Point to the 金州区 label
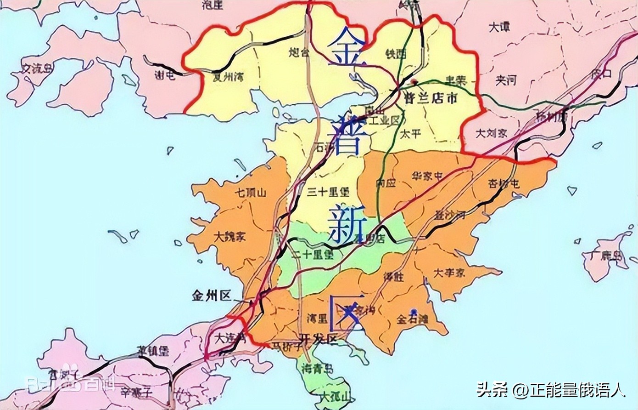[212, 296]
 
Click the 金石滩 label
[412, 319]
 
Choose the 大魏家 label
[230, 236]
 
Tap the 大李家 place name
[449, 272]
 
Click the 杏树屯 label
[504, 183]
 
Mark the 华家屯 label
[427, 176]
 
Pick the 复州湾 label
[228, 76]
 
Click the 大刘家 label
[491, 133]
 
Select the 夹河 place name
[505, 80]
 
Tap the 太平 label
[410, 134]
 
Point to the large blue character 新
[347, 224]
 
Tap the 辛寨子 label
[136, 392]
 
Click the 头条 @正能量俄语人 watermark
[551, 390]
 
